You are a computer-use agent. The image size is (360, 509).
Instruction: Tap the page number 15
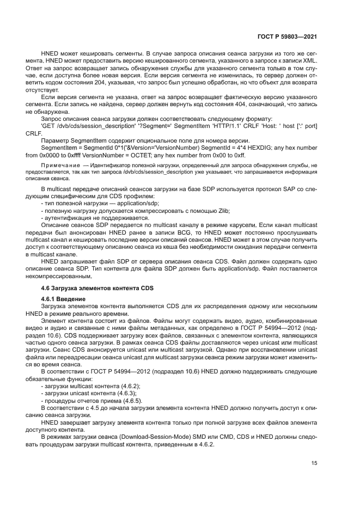pos(314,463)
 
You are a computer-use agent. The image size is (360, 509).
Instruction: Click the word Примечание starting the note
pos(56,165)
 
